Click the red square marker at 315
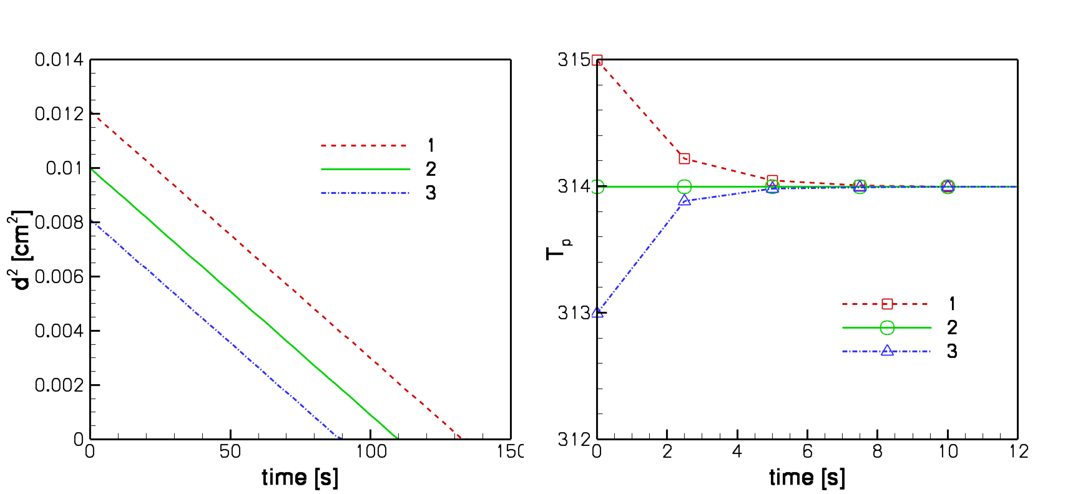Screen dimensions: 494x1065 (x=597, y=61)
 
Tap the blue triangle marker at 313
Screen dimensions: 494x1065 (x=597, y=312)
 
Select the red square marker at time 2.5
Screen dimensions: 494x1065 (x=684, y=159)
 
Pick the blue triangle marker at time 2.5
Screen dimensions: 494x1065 (x=684, y=200)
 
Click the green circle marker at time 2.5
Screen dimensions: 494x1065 (x=684, y=186)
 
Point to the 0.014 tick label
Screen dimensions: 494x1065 (x=59, y=60)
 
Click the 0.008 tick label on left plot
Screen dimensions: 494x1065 (x=59, y=223)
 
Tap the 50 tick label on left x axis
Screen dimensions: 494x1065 (x=230, y=452)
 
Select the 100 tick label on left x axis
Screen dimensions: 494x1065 (x=371, y=452)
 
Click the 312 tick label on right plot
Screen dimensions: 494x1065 (x=574, y=440)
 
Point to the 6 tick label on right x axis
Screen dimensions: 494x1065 (x=807, y=452)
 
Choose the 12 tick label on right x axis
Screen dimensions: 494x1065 (x=1019, y=452)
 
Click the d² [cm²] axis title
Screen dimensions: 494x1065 (x=22, y=249)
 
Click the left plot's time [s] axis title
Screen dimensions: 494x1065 (x=300, y=478)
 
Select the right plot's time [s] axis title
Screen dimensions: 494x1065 (x=807, y=478)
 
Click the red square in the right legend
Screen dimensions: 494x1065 (x=887, y=304)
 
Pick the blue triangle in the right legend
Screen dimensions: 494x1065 (x=887, y=351)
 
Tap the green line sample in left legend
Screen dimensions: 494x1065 (x=365, y=169)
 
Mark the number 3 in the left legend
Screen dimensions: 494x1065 (x=431, y=193)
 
